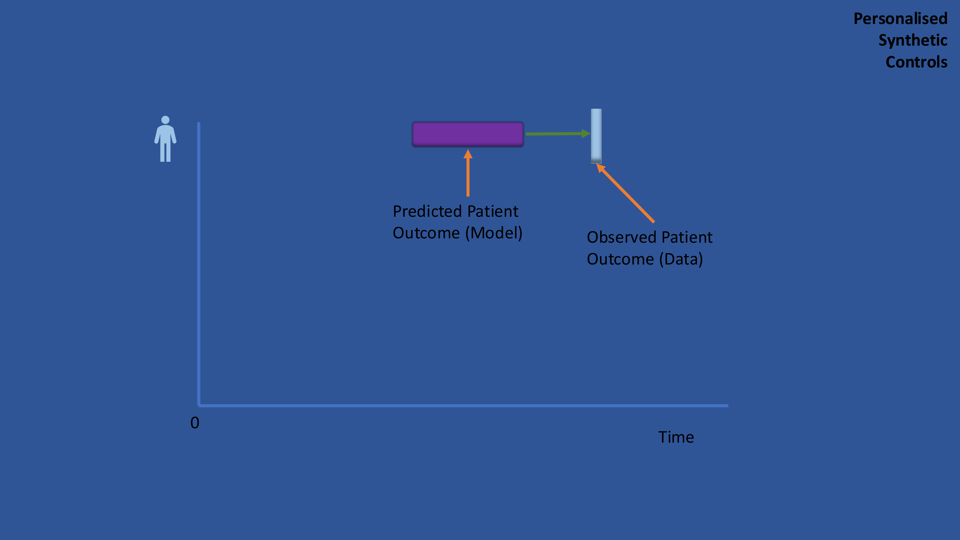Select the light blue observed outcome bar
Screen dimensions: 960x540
tap(596, 136)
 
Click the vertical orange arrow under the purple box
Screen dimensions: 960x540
tap(468, 173)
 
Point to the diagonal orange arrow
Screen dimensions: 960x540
tap(625, 193)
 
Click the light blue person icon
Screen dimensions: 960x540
tap(165, 139)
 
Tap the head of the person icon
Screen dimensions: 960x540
tap(165, 120)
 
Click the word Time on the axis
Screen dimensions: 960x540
tap(676, 437)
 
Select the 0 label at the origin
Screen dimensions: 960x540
tap(195, 423)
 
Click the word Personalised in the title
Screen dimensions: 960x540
tap(900, 19)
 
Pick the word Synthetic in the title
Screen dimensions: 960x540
tap(913, 40)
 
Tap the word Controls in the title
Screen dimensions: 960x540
tap(916, 62)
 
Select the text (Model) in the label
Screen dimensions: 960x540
tap(494, 233)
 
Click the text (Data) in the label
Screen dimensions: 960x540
tap(681, 259)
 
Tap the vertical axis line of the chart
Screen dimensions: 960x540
tap(199, 264)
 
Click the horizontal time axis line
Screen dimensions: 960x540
tap(463, 405)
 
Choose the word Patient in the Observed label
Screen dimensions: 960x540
tap(687, 237)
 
